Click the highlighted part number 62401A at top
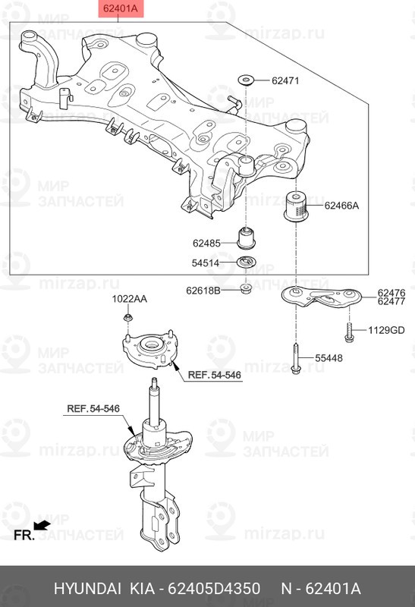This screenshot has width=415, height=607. pyautogui.click(x=120, y=10)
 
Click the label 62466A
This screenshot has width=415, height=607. pyautogui.click(x=341, y=205)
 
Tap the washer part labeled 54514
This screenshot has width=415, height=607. pyautogui.click(x=247, y=263)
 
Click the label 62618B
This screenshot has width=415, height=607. pyautogui.click(x=203, y=289)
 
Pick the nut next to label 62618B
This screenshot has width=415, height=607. pyautogui.click(x=246, y=288)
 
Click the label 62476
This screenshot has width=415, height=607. pyautogui.click(x=391, y=292)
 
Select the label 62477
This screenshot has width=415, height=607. pyautogui.click(x=391, y=301)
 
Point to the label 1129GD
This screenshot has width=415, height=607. pyautogui.click(x=387, y=330)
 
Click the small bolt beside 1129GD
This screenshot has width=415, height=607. pyautogui.click(x=348, y=330)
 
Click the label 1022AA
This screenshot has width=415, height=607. pyautogui.click(x=130, y=299)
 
